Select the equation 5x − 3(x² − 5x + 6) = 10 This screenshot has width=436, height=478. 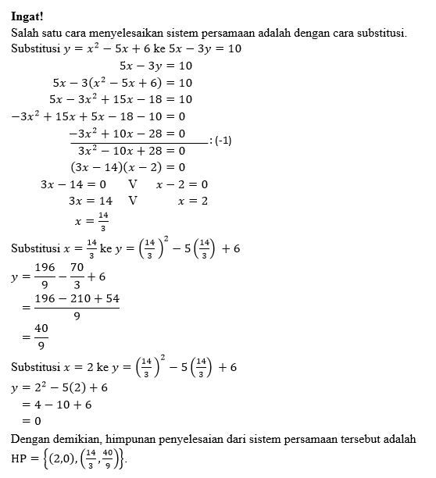[122, 83]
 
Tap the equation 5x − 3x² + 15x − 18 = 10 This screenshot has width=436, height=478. [120, 100]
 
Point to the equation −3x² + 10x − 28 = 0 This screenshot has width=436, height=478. [127, 134]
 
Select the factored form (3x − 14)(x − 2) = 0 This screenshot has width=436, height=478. [127, 167]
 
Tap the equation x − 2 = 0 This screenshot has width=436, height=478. [181, 184]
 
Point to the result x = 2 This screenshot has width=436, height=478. [192, 202]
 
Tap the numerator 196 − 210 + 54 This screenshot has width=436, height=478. [75, 299]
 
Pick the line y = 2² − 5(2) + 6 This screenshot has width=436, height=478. [59, 387]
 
